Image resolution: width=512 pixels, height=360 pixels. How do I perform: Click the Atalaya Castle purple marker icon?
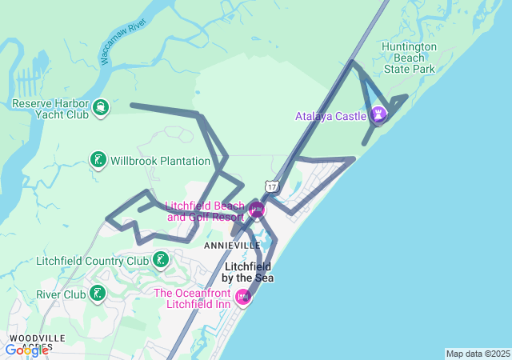pos(378,115)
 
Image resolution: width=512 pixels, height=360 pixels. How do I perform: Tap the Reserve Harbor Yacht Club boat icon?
pos(101,107)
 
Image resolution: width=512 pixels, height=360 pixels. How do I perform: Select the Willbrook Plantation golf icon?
pos(98,160)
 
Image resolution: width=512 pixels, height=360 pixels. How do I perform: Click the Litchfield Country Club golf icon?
pos(162,260)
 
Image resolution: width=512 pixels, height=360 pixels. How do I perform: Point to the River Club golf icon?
pos(98,294)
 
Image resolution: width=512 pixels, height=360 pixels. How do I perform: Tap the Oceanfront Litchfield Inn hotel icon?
pos(244,297)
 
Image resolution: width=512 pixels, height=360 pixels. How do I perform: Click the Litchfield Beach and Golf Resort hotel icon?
pos(256,210)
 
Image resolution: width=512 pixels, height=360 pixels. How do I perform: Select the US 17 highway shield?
pos(273,186)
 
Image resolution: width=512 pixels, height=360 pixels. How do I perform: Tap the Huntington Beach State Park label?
pos(409,58)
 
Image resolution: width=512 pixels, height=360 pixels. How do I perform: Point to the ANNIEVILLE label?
pos(232,244)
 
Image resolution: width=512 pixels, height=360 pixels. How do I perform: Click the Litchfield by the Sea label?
pos(249,272)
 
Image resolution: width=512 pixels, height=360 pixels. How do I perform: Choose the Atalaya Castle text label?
pos(330,116)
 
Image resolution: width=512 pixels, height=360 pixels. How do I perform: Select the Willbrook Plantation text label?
pos(160,161)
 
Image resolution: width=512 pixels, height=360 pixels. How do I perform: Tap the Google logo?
pos(26,350)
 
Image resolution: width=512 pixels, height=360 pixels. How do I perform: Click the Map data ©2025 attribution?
pos(478,354)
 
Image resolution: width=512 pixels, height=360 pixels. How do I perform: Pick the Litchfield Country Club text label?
pos(93,261)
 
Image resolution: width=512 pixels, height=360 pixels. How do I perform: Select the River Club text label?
pos(61,294)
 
